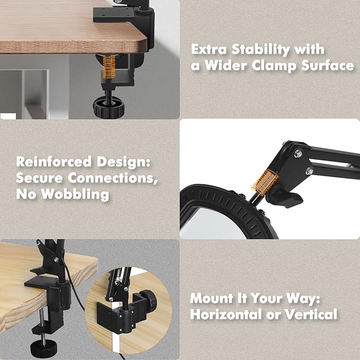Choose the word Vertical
point(311,314)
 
